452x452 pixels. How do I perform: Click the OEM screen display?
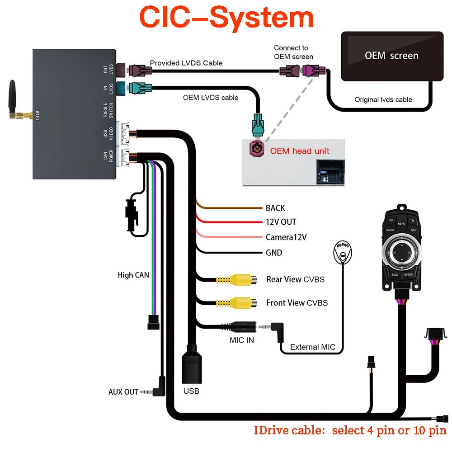click(x=391, y=56)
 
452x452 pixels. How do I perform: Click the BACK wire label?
click(x=275, y=208)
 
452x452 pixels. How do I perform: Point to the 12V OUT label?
click(x=281, y=222)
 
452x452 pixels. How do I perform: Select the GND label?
click(x=274, y=253)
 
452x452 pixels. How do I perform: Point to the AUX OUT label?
click(x=123, y=392)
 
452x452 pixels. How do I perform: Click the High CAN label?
click(x=133, y=275)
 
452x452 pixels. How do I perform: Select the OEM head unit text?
click(x=300, y=151)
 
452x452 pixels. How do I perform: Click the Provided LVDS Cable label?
click(x=186, y=63)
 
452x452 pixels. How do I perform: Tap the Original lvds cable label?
click(x=383, y=99)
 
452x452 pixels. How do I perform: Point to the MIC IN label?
click(x=241, y=340)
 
